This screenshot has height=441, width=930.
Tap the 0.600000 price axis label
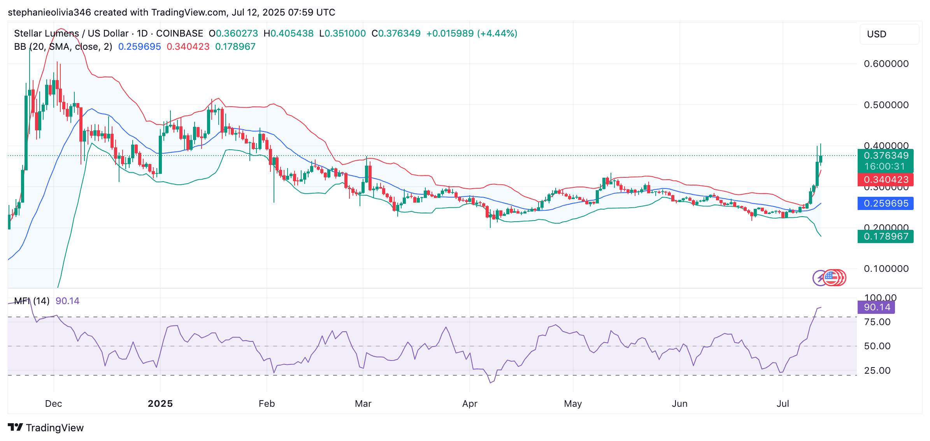tap(886, 64)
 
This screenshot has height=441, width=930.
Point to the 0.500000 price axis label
tap(886, 105)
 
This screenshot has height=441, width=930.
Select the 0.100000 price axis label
tap(886, 269)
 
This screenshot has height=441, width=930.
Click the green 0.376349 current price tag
tap(885, 156)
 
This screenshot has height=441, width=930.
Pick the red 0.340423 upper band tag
tap(885, 180)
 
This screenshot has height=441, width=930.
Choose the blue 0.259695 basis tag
tap(885, 203)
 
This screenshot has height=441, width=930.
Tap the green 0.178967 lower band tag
tap(885, 236)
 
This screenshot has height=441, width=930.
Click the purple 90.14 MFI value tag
tap(876, 307)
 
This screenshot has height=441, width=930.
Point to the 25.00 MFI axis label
tap(877, 371)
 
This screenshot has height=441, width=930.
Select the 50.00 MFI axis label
tap(877, 346)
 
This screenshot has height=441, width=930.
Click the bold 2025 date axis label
tap(160, 404)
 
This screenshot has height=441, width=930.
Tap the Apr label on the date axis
tap(470, 404)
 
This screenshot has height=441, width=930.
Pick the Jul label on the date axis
tap(783, 404)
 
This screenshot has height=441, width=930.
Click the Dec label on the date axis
tap(53, 404)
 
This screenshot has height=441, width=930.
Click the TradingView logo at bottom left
tap(46, 428)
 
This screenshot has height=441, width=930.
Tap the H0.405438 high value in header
tap(288, 33)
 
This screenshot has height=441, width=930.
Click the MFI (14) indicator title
tap(32, 301)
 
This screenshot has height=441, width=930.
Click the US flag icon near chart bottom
tap(831, 277)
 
